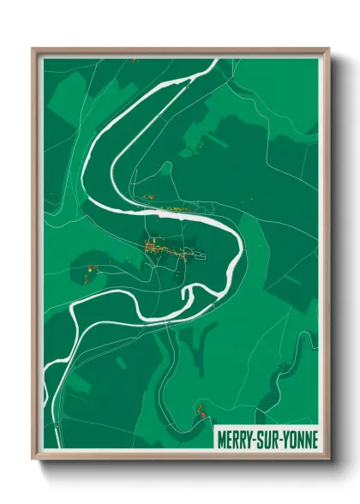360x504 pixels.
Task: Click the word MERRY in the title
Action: click(236, 440)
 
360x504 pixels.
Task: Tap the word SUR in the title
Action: click(268, 440)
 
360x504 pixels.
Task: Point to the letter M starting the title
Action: click(222, 440)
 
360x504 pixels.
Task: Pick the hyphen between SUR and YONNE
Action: click(281, 440)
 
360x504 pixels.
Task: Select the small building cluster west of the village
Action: click(88, 272)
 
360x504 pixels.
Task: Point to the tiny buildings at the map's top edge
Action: click(135, 60)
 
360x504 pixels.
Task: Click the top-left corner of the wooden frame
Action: click(33, 49)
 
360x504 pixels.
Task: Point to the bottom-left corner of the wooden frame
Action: click(33, 460)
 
